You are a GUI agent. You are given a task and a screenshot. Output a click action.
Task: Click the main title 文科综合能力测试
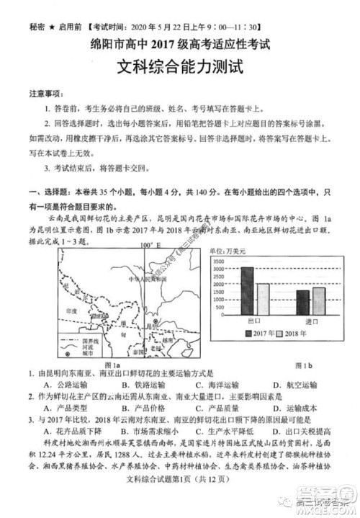pos(181,71)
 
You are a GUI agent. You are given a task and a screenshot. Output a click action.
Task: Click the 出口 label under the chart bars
pos(254,320)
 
